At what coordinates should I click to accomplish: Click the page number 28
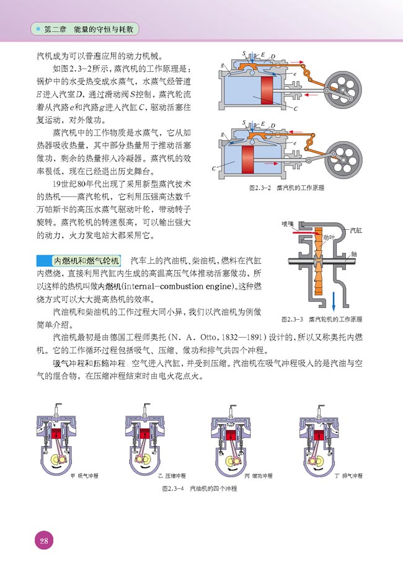pyautogui.click(x=43, y=540)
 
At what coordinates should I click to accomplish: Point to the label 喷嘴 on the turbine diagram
pyautogui.click(x=287, y=224)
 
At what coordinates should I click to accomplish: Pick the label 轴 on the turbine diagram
pyautogui.click(x=353, y=253)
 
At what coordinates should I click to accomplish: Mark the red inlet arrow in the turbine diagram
pyautogui.click(x=298, y=233)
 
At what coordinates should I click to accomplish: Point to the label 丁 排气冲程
pyautogui.click(x=348, y=475)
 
